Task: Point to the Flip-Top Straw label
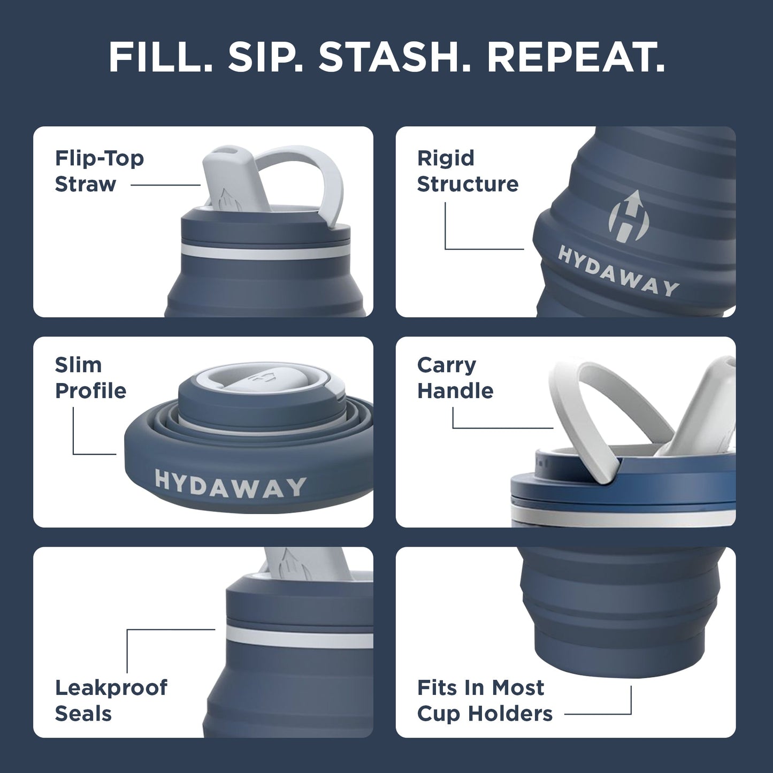click(100, 171)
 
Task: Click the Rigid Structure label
click(468, 171)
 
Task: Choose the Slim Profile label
click(90, 378)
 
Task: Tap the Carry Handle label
click(455, 378)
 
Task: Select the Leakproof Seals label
click(111, 700)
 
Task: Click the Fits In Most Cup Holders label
click(484, 700)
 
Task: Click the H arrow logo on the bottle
click(625, 216)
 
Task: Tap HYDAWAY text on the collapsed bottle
click(230, 485)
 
